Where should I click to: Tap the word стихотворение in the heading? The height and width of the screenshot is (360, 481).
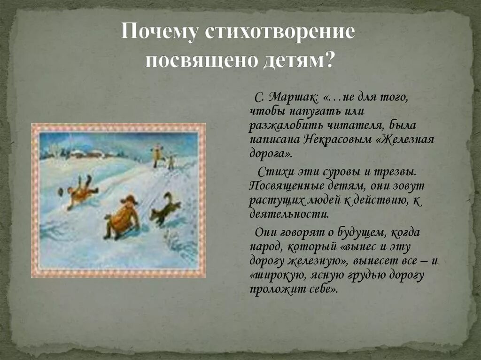[x=279, y=32]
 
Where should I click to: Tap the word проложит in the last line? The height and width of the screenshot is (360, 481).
[x=272, y=289]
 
